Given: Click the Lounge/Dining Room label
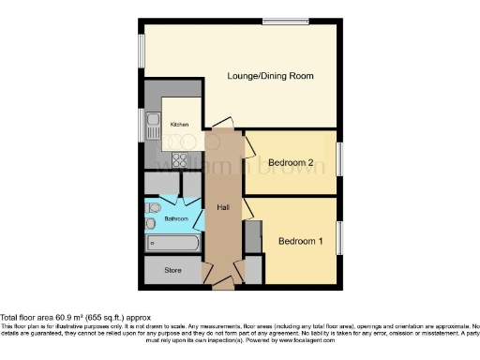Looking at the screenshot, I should (270, 75).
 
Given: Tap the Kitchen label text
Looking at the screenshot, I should (179, 125).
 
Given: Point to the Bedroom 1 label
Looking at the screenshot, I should (300, 241).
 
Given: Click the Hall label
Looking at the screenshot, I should (223, 207).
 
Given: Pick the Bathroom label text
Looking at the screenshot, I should (176, 218).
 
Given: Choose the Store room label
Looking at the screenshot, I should (172, 271).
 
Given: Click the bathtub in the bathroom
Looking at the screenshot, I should (172, 243).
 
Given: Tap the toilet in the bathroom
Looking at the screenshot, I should (153, 207).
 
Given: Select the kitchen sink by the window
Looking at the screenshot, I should (152, 123).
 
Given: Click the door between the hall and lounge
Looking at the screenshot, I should (218, 124).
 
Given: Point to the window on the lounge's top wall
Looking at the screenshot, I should (285, 21).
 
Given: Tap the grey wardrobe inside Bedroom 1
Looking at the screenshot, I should (251, 238).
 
